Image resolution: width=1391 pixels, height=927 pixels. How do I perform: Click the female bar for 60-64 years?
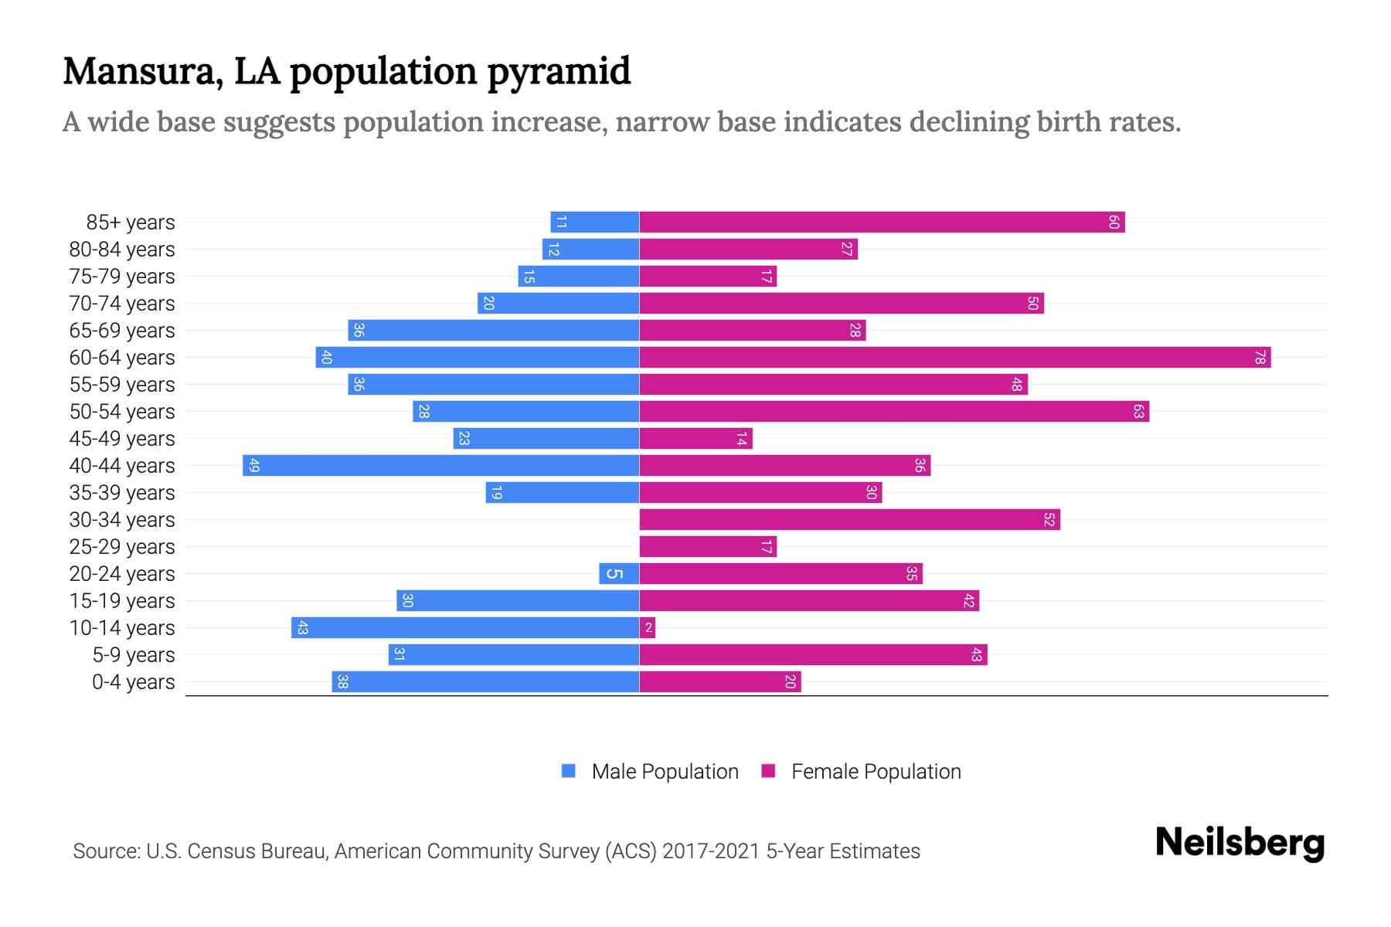click(954, 358)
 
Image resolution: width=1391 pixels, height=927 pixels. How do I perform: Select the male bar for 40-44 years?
click(440, 466)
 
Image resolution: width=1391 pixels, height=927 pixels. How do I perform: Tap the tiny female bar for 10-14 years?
click(648, 628)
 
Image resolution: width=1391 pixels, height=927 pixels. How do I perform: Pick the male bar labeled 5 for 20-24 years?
click(619, 574)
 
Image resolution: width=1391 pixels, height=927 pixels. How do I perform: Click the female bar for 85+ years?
click(881, 222)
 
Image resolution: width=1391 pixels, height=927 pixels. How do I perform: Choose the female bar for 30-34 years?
click(850, 520)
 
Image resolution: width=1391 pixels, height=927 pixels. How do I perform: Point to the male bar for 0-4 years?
click(485, 682)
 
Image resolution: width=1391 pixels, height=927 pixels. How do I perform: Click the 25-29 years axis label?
click(122, 547)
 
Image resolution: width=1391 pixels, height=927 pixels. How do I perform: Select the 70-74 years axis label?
click(122, 304)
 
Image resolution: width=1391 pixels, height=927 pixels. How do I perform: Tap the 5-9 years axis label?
click(134, 655)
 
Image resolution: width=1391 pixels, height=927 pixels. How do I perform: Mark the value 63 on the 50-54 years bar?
click(1138, 412)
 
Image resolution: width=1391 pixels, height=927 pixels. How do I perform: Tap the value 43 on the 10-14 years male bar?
click(302, 628)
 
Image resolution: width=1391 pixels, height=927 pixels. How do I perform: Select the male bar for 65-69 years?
click(493, 331)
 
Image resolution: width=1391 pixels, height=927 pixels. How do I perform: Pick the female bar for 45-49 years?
click(695, 439)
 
